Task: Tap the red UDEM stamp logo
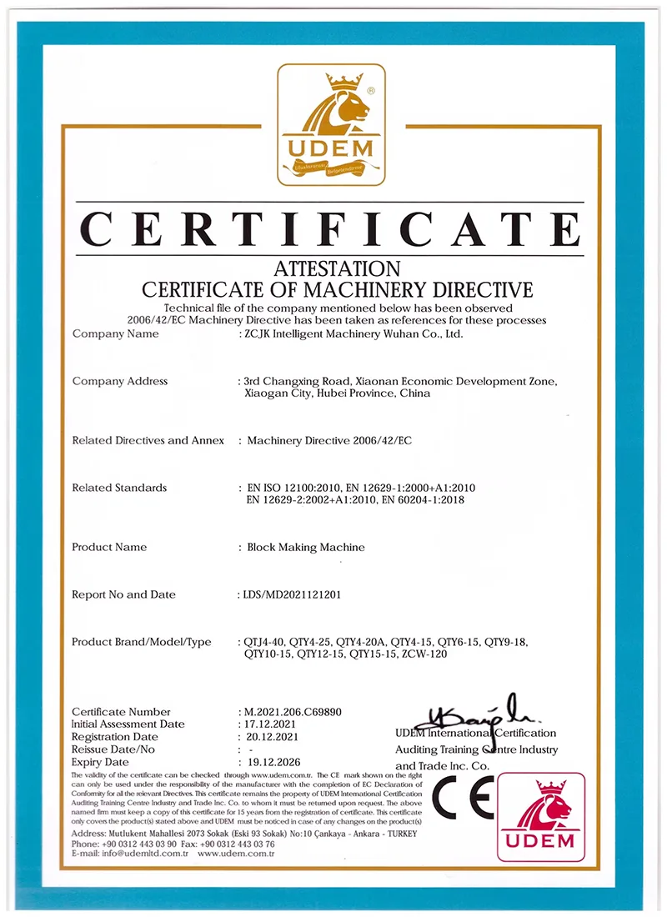point(541,817)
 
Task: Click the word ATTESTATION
point(337,269)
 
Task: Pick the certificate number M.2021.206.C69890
point(293,712)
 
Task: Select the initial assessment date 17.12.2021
point(268,724)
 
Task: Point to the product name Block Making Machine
point(306,547)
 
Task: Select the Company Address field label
point(120,381)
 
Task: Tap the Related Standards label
point(119,487)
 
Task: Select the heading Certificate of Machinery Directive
point(337,289)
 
